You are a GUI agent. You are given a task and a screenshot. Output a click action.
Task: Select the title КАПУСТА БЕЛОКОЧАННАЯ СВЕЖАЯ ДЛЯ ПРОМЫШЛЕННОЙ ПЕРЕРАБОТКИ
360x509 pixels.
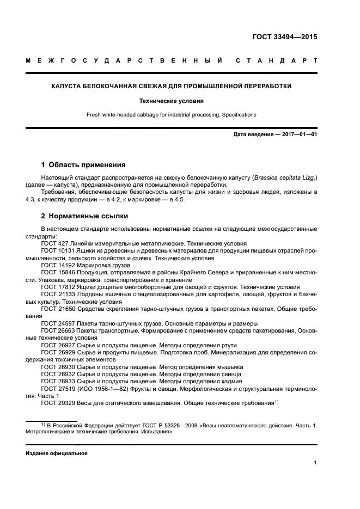point(171,86)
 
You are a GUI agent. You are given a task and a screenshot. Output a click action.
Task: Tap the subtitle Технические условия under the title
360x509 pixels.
point(171,101)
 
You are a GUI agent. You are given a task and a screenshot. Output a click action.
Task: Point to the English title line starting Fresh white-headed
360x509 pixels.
point(171,115)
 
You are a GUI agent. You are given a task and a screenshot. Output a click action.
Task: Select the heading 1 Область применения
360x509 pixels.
point(83,164)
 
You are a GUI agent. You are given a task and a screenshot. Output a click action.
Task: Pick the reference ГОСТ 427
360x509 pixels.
point(54,243)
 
